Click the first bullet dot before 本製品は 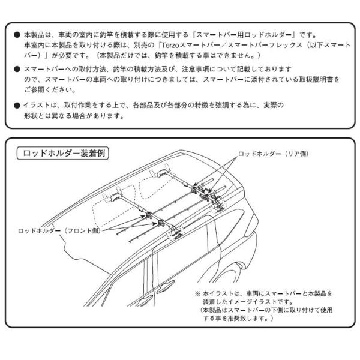16,34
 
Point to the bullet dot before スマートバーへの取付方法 16,70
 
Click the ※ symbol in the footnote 196,293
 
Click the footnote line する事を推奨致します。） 236,319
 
